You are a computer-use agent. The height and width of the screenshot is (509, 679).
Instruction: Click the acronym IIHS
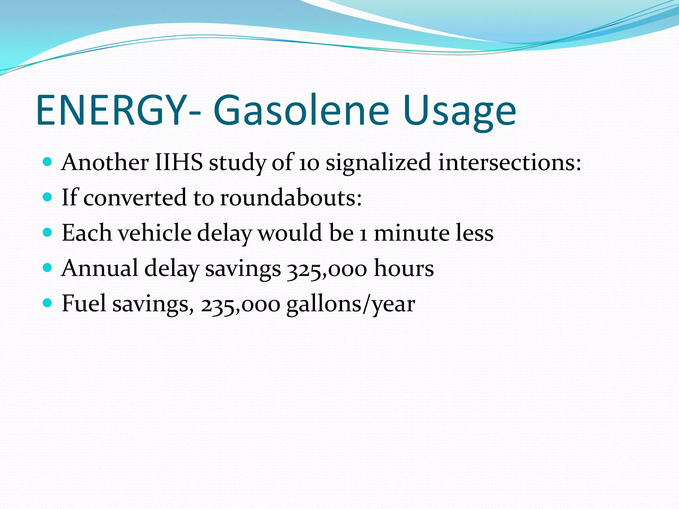pos(179,162)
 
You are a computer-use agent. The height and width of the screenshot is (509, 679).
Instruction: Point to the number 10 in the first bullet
pos(309,163)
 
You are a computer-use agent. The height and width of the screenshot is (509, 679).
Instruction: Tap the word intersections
pos(509,162)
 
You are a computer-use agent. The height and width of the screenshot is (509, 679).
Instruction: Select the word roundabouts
pos(291,198)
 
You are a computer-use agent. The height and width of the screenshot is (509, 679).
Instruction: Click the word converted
pos(135,198)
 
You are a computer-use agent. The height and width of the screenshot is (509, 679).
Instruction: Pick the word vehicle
pos(155,233)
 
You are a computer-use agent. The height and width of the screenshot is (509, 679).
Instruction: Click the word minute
pos(411,233)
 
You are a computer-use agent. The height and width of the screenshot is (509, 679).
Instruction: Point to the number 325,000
pos(327,268)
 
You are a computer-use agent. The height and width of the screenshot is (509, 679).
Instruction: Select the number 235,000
pos(240,304)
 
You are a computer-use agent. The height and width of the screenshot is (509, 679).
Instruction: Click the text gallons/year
pos(350,304)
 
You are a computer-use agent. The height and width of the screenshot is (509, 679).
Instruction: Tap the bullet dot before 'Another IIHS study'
pos(48,162)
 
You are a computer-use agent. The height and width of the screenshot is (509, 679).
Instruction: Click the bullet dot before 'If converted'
pos(48,197)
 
